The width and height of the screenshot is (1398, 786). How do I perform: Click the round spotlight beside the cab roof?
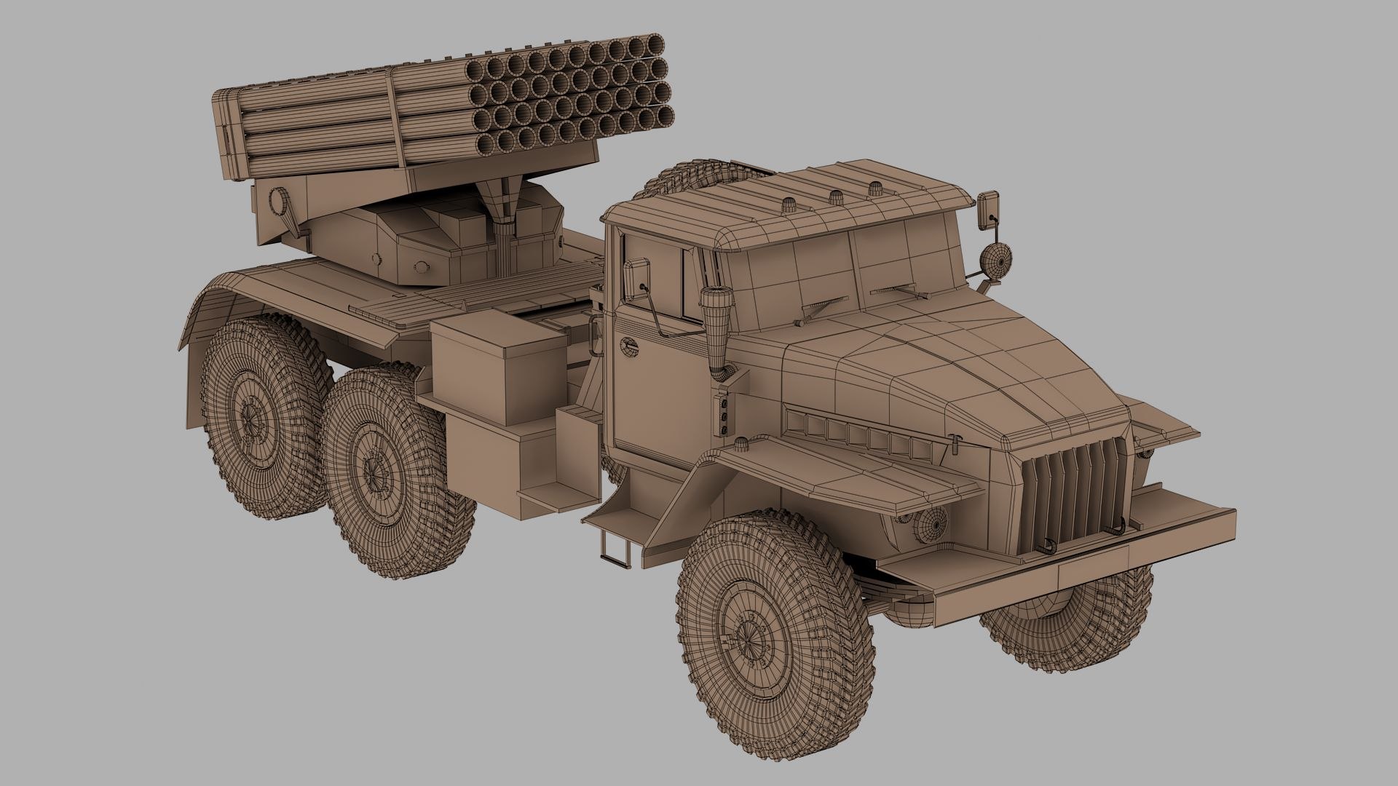pos(995,260)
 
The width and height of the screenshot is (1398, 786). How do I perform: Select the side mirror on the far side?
pos(989,209)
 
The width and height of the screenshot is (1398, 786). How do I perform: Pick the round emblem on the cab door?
pos(628,347)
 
